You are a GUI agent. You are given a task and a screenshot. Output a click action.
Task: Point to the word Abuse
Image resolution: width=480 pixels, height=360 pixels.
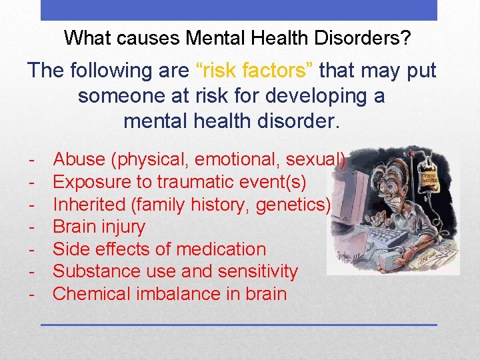tap(79, 159)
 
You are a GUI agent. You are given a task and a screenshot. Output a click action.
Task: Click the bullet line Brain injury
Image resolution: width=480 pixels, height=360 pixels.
tap(99, 227)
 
